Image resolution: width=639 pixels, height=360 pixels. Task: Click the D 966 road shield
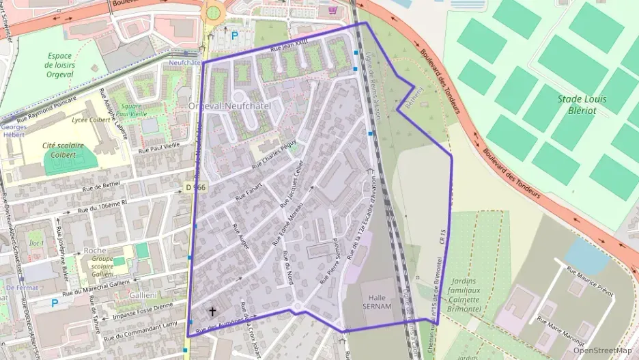pyautogui.click(x=195, y=186)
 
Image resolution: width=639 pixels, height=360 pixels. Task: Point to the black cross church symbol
pyautogui.click(x=212, y=311)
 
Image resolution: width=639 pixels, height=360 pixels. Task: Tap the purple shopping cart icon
pyautogui.click(x=332, y=10)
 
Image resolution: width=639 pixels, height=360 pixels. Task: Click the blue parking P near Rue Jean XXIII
pyautogui.click(x=235, y=36)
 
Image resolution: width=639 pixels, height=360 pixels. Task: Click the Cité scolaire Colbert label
pyautogui.click(x=67, y=149)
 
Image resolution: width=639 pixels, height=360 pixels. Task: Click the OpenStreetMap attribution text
pyautogui.click(x=602, y=350)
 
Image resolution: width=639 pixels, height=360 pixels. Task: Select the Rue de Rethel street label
pyautogui.click(x=101, y=186)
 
